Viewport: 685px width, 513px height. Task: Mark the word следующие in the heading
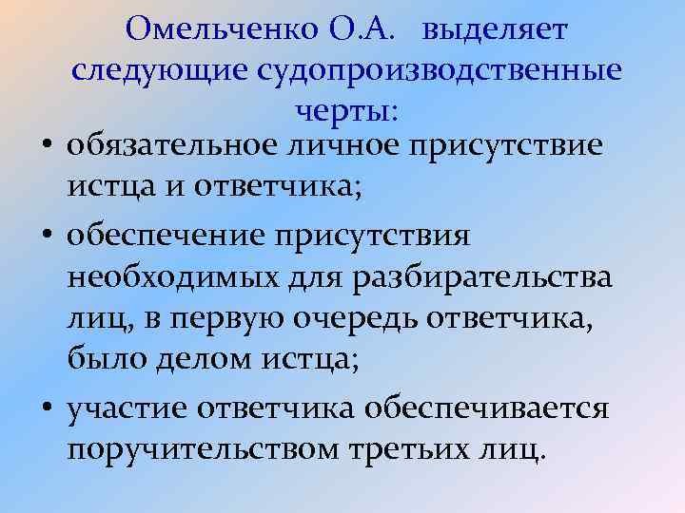(156, 71)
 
